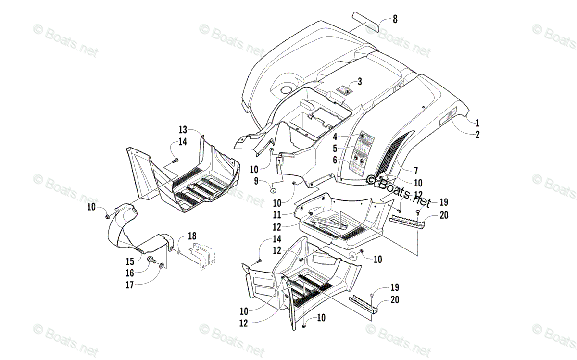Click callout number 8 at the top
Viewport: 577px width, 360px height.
pyautogui.click(x=395, y=20)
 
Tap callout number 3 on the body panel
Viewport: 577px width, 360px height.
pyautogui.click(x=359, y=81)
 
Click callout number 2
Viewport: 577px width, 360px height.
pyautogui.click(x=477, y=135)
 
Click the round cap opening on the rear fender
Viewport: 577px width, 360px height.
pyautogui.click(x=287, y=89)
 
